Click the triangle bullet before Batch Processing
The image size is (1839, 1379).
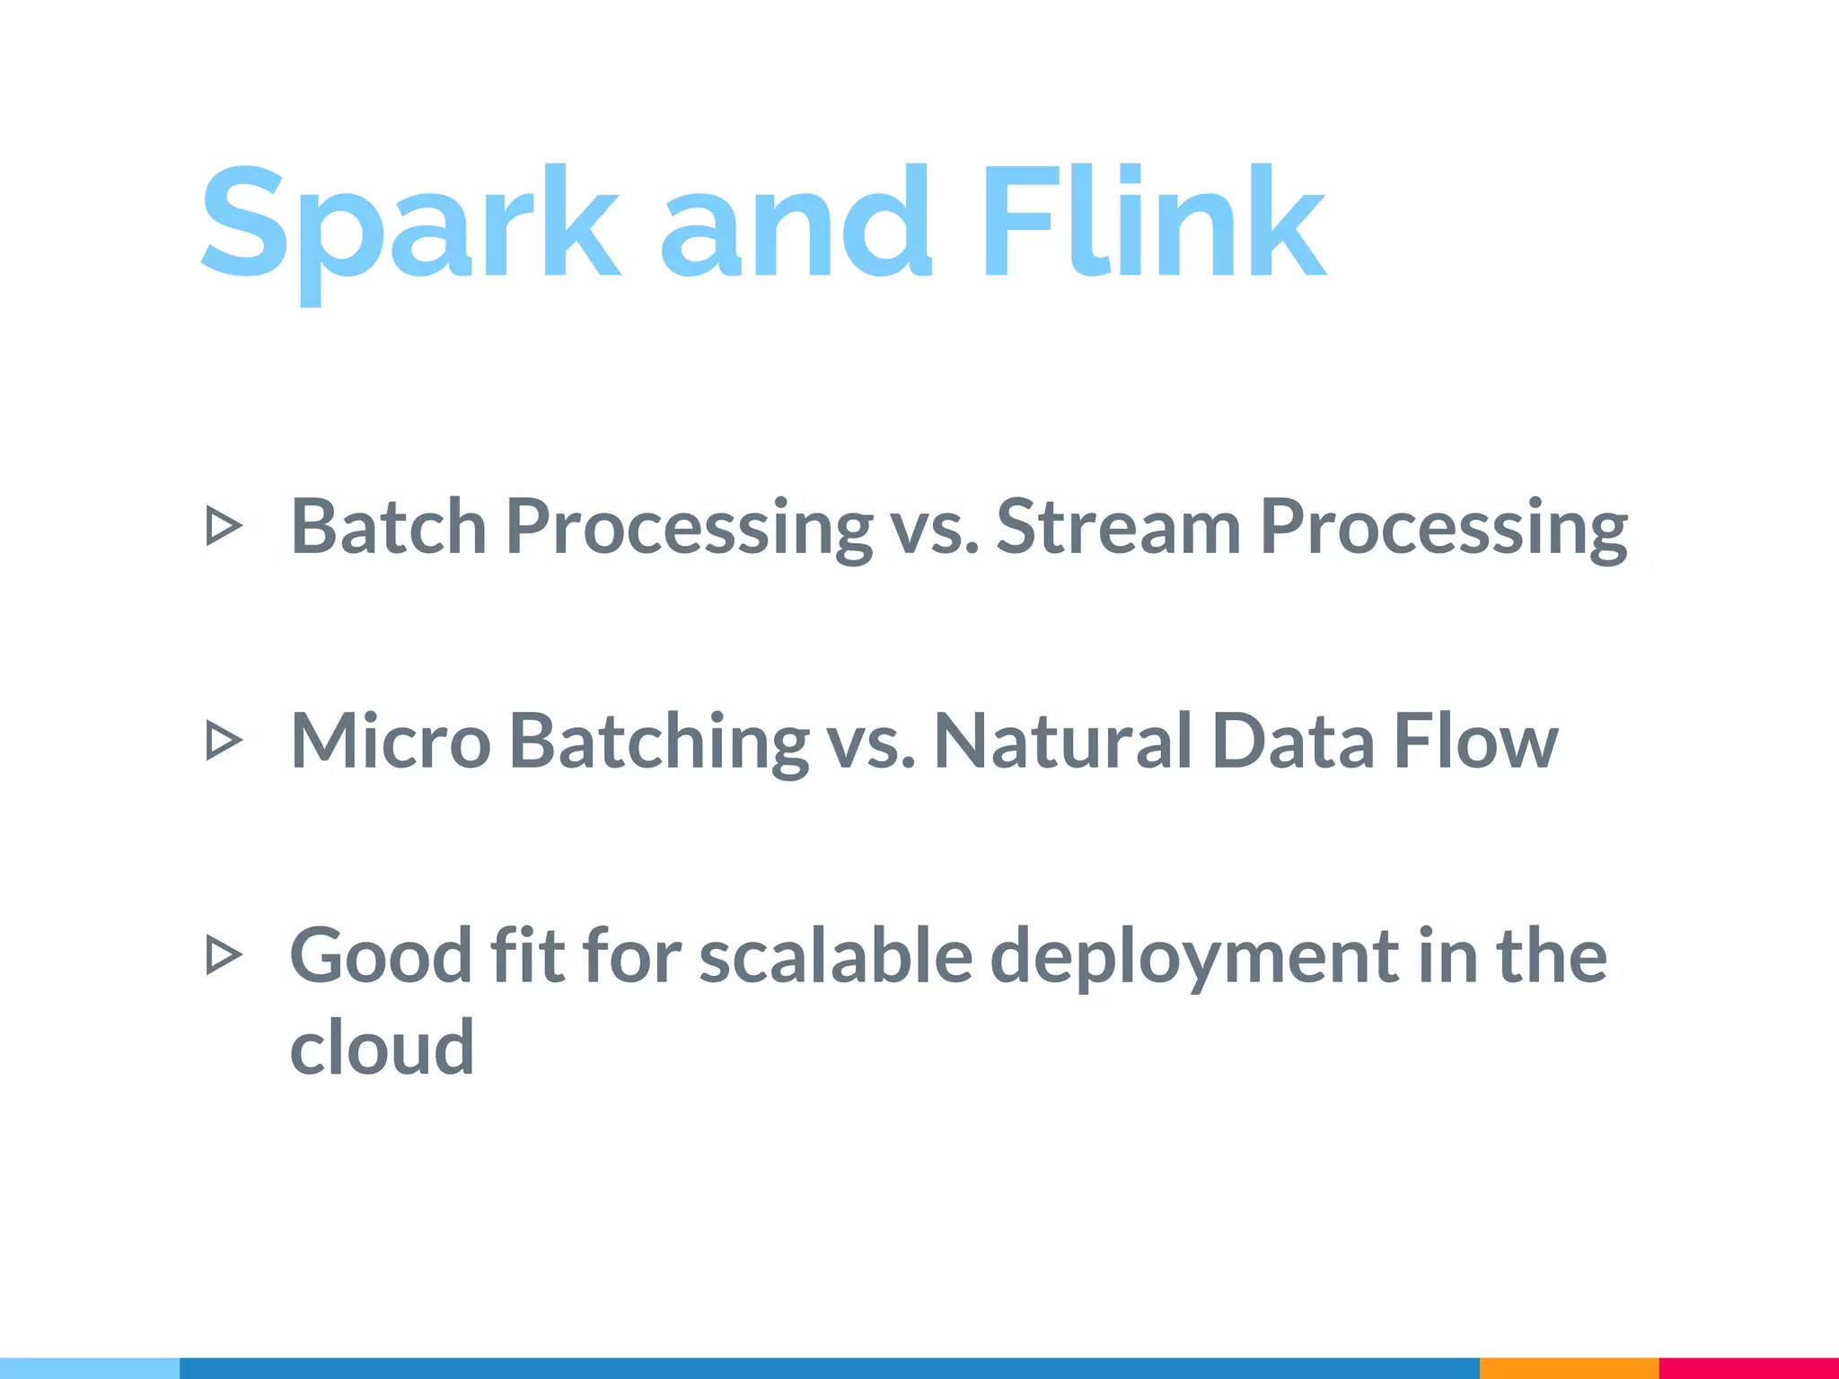click(224, 526)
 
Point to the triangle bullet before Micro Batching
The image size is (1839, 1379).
click(224, 742)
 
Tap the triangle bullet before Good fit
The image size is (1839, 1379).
click(224, 955)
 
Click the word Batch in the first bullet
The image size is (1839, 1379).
click(388, 527)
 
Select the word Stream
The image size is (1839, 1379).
click(1118, 527)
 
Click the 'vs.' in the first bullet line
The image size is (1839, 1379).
click(934, 530)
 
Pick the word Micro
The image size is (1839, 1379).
click(391, 742)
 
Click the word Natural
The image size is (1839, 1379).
click(1063, 742)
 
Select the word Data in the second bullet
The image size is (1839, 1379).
click(1292, 742)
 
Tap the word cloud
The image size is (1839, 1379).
click(382, 1048)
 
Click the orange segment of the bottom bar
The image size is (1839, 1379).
click(1569, 1368)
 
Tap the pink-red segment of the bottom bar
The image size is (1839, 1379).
click(1748, 1368)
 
